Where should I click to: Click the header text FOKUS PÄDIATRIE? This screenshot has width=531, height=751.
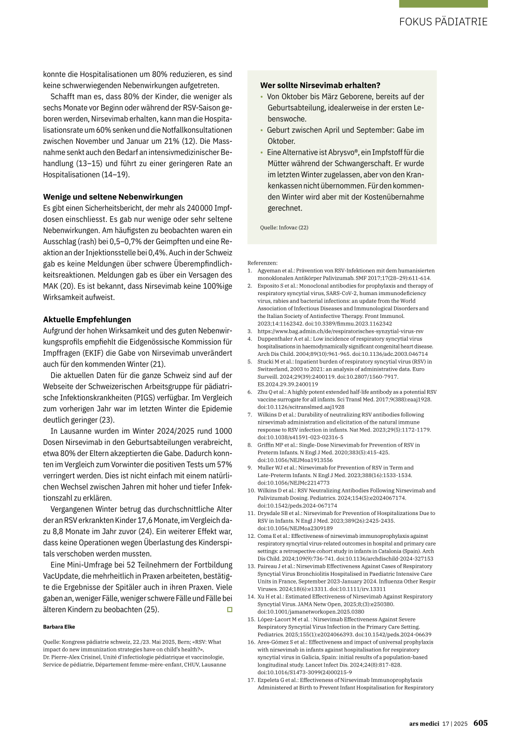(x=443, y=22)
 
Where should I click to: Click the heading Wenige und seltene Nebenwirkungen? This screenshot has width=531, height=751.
(x=113, y=197)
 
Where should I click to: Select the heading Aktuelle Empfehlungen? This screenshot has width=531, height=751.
(x=87, y=319)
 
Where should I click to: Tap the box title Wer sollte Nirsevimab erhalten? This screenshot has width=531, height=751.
(x=320, y=86)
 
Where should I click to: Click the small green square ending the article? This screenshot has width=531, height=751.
(x=230, y=609)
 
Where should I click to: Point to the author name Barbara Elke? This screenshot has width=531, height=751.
(x=59, y=627)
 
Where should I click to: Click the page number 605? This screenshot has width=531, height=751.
(x=480, y=723)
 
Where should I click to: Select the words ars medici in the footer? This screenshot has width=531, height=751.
(x=424, y=724)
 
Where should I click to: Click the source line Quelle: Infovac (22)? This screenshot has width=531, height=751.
(x=284, y=228)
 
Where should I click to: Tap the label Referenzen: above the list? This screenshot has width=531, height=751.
(x=262, y=263)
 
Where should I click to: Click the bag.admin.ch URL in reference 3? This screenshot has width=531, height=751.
(x=340, y=331)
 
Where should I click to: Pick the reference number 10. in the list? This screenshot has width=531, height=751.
(x=251, y=491)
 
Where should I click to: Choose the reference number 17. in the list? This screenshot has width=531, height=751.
(x=251, y=680)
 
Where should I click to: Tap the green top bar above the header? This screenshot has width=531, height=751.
(x=443, y=4)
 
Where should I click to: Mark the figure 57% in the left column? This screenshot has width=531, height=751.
(x=225, y=465)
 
